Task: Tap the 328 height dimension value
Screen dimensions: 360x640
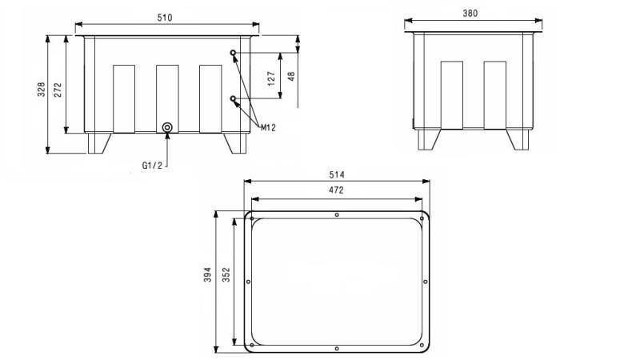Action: coord(42,90)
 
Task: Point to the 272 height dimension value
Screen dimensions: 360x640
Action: coord(57,90)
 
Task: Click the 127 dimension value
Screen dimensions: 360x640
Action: coord(271,78)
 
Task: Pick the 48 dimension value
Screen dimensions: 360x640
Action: coord(291,76)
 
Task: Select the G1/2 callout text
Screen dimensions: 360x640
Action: coord(152,166)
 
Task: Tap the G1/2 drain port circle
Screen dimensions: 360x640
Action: coord(167,127)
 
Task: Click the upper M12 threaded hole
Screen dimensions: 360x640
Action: coord(234,54)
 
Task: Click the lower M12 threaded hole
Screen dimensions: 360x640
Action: coord(234,99)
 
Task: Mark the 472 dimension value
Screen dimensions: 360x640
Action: coord(336,190)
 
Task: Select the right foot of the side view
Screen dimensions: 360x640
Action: coord(518,139)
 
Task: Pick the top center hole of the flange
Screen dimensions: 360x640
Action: coord(337,215)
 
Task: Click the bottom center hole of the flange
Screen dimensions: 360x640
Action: coord(337,348)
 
